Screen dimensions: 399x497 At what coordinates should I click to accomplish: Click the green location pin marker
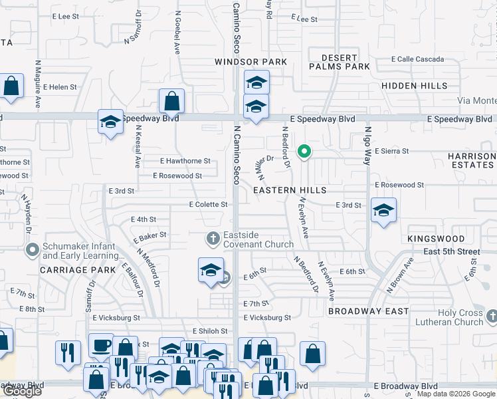click(x=304, y=152)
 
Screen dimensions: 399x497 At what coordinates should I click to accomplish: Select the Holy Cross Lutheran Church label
click(x=457, y=317)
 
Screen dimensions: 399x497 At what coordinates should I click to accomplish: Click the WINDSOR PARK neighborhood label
click(x=250, y=62)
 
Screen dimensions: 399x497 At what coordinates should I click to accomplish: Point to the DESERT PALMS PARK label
click(x=340, y=62)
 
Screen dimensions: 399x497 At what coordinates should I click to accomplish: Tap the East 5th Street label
click(x=452, y=252)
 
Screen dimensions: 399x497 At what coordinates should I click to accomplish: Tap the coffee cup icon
click(x=101, y=345)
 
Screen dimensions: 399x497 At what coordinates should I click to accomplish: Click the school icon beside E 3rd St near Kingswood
click(x=383, y=210)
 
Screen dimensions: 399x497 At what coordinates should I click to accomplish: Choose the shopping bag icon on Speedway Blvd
click(x=171, y=101)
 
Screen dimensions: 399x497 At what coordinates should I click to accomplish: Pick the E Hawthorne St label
click(x=185, y=161)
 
